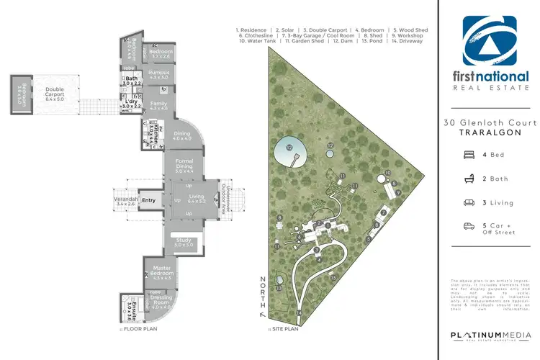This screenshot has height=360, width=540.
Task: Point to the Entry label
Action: tap(149, 200)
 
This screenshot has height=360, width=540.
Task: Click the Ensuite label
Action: tap(130, 307)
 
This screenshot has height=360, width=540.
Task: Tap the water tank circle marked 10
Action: tap(387, 174)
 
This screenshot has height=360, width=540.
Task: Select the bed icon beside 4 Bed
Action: tap(469, 154)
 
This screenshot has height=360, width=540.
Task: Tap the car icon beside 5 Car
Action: tap(469, 226)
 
